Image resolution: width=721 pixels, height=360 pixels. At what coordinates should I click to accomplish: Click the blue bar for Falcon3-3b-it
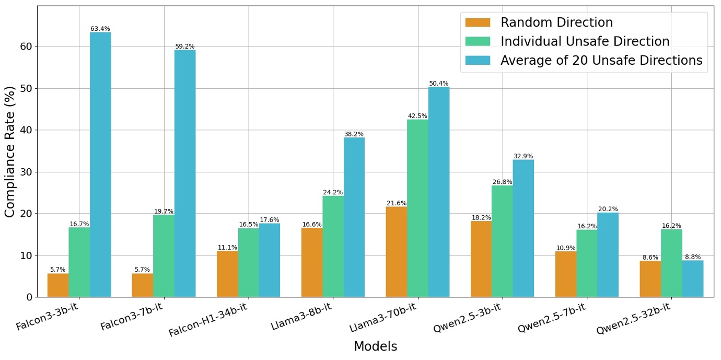coord(100,165)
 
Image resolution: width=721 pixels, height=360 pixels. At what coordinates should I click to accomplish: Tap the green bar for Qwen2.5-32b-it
coord(671,263)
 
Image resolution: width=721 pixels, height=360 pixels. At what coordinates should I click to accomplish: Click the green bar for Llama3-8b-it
coord(333,246)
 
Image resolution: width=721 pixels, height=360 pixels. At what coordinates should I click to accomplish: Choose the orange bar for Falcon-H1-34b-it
coord(227,274)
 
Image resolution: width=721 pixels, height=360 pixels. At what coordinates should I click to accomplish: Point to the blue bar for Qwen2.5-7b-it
coord(608,254)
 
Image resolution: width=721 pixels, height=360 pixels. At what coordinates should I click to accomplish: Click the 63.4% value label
coord(100,29)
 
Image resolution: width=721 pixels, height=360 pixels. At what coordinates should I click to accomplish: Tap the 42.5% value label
coord(417,116)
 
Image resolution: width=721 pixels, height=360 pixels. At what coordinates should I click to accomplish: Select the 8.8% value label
coord(692,257)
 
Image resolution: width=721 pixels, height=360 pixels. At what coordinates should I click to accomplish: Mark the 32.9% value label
coord(523,156)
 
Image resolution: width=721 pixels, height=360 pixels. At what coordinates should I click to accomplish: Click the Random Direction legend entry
coord(556,22)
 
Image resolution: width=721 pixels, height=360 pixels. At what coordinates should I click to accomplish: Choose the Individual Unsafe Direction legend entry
coord(585,41)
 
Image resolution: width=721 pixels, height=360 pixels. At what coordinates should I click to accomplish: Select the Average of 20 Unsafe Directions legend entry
coord(601,60)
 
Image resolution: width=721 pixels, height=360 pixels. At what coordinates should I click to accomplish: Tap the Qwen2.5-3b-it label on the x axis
coord(468,317)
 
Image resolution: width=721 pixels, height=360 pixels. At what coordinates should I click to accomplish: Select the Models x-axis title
coord(375,346)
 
